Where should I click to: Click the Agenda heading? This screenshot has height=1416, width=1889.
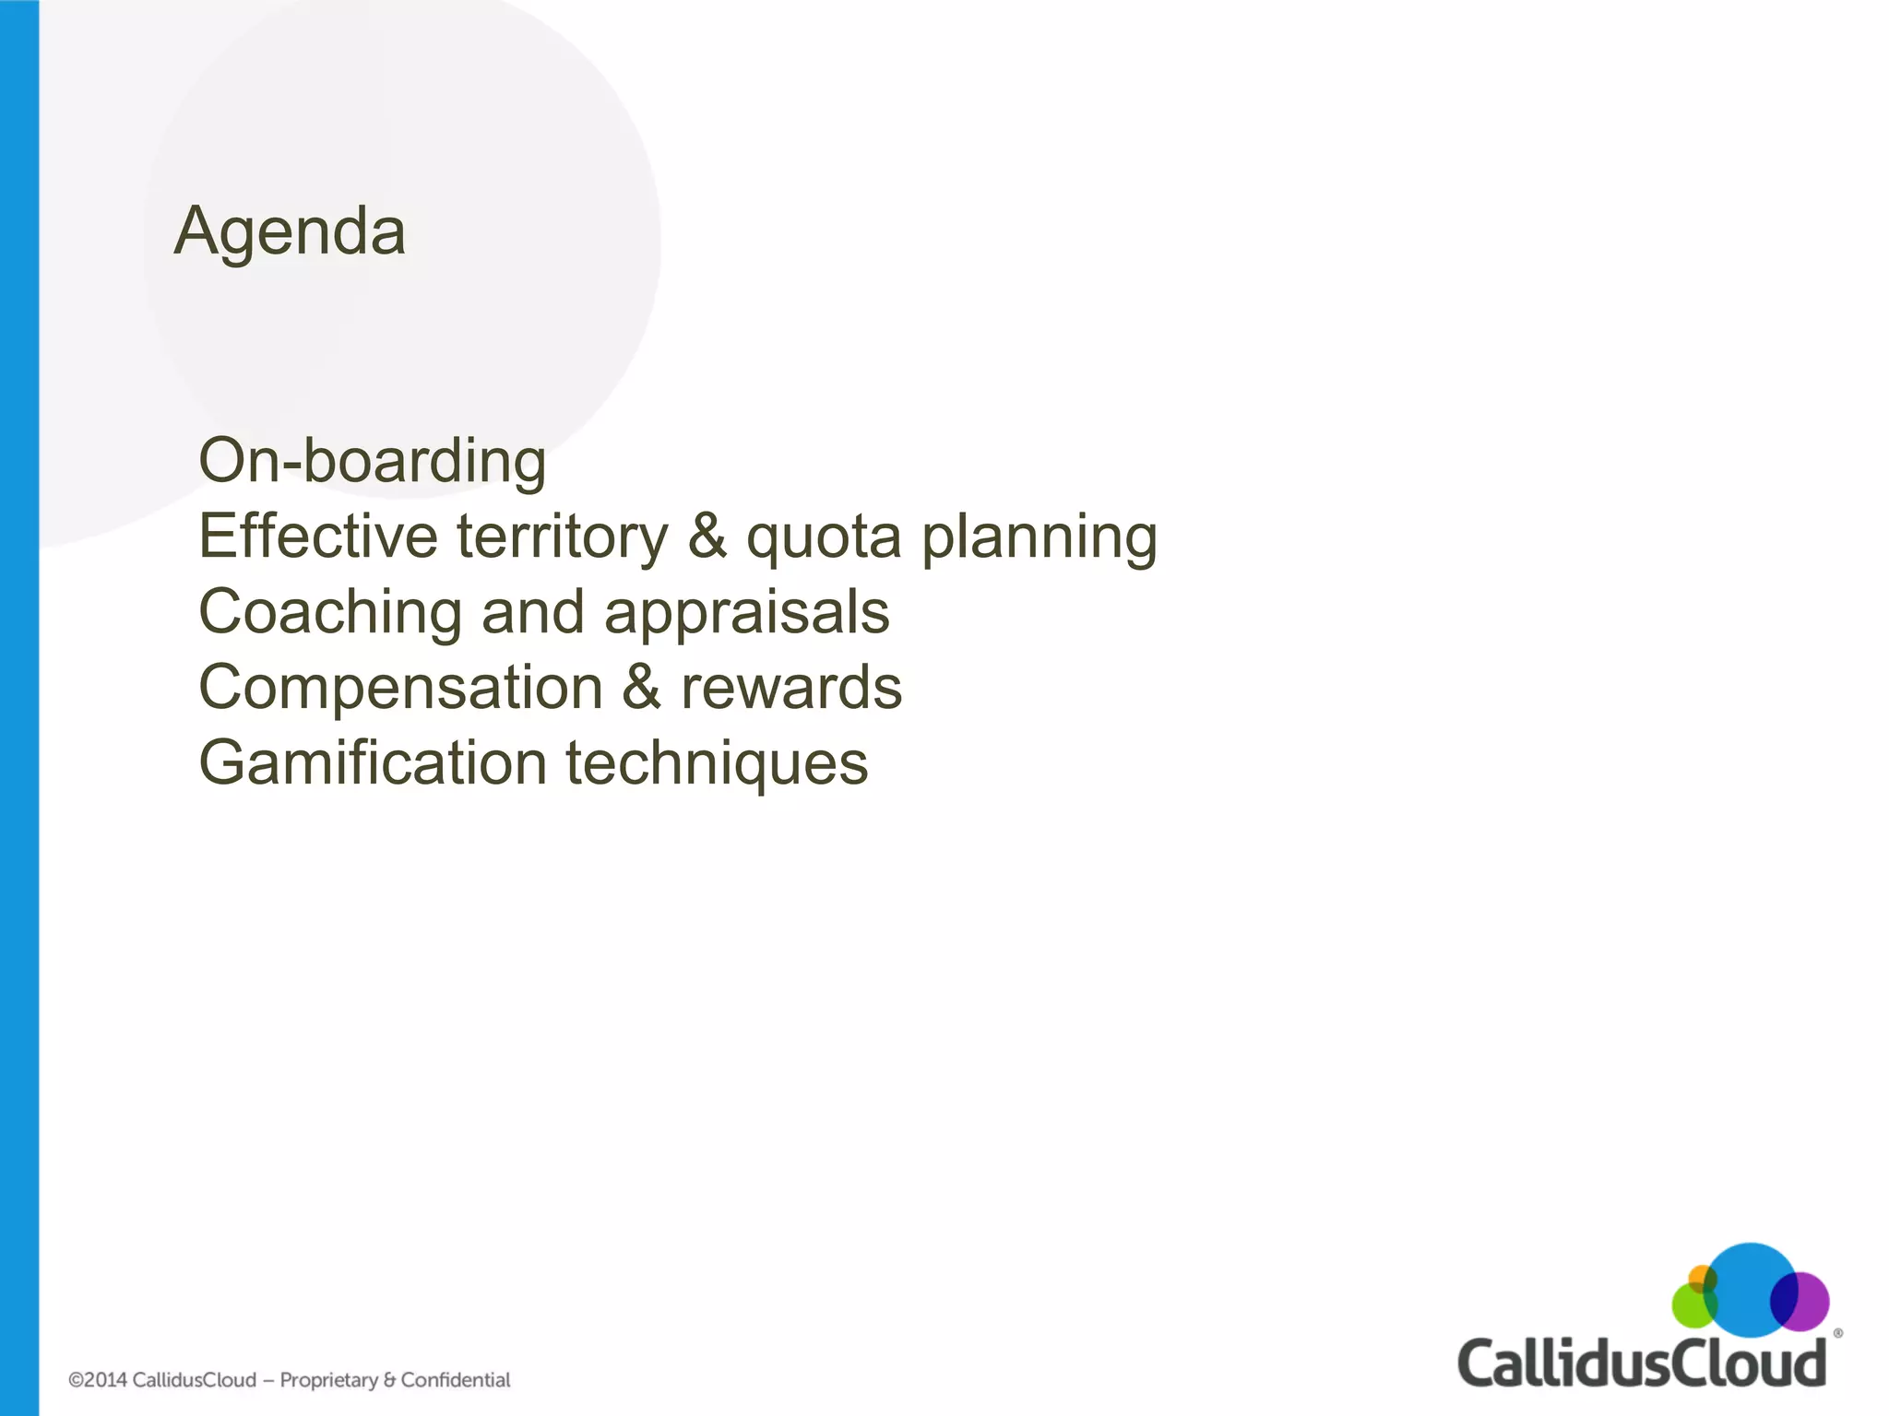[x=290, y=231]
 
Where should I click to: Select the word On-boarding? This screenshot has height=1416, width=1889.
[x=373, y=460]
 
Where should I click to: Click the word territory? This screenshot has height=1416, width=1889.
[x=562, y=537]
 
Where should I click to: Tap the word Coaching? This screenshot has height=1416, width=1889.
[x=330, y=613]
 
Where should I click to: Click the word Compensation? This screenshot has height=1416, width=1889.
[x=401, y=689]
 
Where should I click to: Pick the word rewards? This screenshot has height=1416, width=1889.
[x=791, y=689]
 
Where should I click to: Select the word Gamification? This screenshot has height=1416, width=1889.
[x=373, y=764]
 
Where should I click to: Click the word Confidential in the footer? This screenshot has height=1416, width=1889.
[x=456, y=1380]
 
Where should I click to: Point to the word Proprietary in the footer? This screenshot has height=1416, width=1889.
[x=329, y=1380]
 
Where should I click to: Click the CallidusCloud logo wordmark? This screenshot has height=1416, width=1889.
[x=1642, y=1365]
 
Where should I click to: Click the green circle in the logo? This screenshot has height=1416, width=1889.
[x=1690, y=1308]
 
